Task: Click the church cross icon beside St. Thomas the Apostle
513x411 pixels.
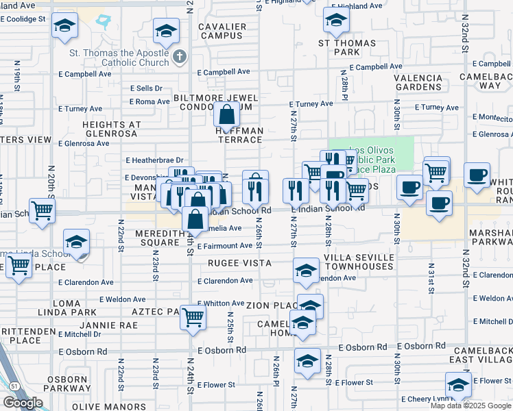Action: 180,56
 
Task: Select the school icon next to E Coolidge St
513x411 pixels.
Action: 64,27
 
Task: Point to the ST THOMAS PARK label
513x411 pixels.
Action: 337,47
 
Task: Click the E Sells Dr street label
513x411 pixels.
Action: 146,88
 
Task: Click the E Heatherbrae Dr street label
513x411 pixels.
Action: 156,160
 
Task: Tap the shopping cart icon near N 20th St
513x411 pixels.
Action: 42,209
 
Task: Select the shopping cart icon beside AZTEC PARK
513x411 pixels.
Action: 193,316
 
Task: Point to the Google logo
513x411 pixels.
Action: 23,403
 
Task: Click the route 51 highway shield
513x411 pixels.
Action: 14,386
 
